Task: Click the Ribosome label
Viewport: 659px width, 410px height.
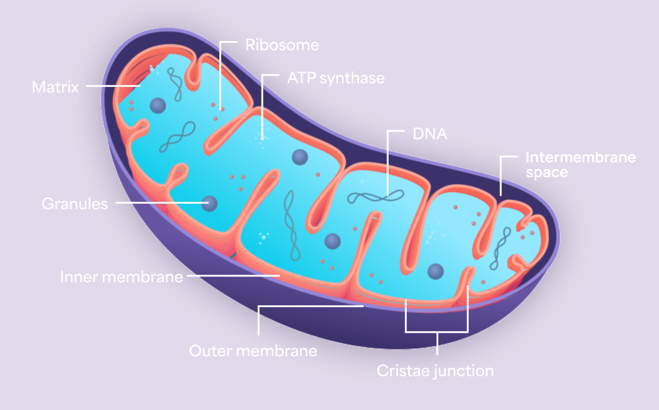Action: pyautogui.click(x=282, y=45)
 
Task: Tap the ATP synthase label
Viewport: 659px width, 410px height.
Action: pyautogui.click(x=336, y=78)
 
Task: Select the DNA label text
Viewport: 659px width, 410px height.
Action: pyautogui.click(x=430, y=134)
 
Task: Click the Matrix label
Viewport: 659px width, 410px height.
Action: pyautogui.click(x=55, y=87)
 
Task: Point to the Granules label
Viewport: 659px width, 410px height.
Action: pyautogui.click(x=74, y=204)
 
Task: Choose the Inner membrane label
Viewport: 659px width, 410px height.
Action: pyautogui.click(x=122, y=277)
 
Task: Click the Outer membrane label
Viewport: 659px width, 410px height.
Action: pyautogui.click(x=253, y=351)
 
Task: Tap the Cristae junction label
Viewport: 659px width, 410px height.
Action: pyautogui.click(x=435, y=371)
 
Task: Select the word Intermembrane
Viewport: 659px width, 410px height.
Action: pyautogui.click(x=580, y=157)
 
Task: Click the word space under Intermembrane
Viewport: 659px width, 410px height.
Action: pyautogui.click(x=547, y=173)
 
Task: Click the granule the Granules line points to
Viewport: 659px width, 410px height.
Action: pyautogui.click(x=209, y=203)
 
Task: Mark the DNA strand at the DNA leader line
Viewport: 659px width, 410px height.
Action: pyautogui.click(x=375, y=197)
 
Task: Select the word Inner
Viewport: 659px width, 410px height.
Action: pyautogui.click(x=79, y=277)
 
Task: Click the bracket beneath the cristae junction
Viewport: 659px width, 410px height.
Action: pyautogui.click(x=437, y=332)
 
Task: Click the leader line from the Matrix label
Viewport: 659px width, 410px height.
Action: pyautogui.click(x=113, y=86)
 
